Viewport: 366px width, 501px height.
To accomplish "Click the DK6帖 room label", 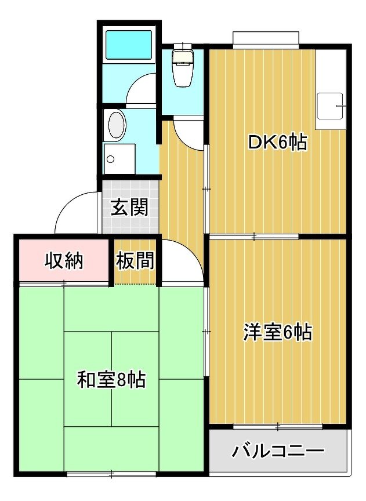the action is pyautogui.click(x=277, y=143).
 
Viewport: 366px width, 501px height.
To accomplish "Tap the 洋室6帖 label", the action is pyautogui.click(x=277, y=332).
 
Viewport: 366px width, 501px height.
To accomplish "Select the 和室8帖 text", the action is pyautogui.click(x=111, y=380).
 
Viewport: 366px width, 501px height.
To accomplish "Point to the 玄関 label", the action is pyautogui.click(x=129, y=207).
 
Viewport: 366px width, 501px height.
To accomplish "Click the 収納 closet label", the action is pyautogui.click(x=64, y=261).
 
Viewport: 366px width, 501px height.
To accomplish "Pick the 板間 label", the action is pyautogui.click(x=135, y=260).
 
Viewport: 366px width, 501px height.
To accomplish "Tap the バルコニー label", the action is pyautogui.click(x=278, y=451).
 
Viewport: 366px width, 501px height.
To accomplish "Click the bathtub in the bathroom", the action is pyautogui.click(x=129, y=45).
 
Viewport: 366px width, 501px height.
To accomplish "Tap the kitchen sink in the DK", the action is pyautogui.click(x=329, y=106).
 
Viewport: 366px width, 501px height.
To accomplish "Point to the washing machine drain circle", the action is pyautogui.click(x=111, y=159).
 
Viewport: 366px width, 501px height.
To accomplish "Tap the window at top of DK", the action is pyautogui.click(x=266, y=40).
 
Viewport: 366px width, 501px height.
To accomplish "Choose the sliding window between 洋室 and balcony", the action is pyautogui.click(x=278, y=426).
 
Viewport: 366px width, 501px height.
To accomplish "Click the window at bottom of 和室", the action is pyautogui.click(x=111, y=474).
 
